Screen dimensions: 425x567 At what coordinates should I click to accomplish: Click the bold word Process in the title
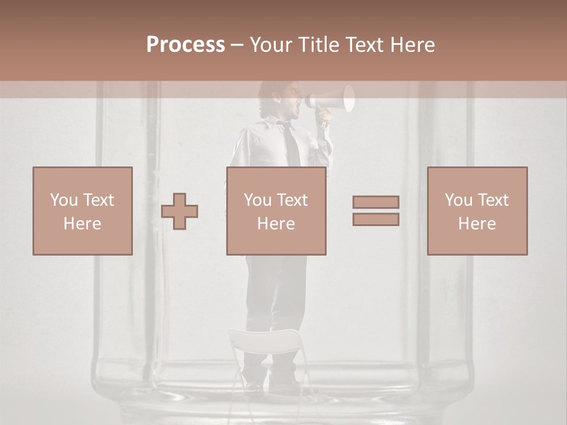pyautogui.click(x=185, y=44)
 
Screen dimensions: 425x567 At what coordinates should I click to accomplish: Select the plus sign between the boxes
pyautogui.click(x=180, y=211)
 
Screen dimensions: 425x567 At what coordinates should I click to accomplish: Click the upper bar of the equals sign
pyautogui.click(x=376, y=202)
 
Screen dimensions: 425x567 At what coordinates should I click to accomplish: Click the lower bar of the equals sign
pyautogui.click(x=376, y=220)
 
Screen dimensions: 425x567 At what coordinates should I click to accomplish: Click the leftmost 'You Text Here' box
pyautogui.click(x=83, y=211)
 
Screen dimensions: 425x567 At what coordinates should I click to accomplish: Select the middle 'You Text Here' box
pyautogui.click(x=276, y=211)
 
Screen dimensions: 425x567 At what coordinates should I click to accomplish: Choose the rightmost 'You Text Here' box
pyautogui.click(x=477, y=211)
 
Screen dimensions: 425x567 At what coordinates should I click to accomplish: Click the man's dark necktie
pyautogui.click(x=291, y=145)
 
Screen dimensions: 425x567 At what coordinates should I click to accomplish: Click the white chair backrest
pyautogui.click(x=265, y=341)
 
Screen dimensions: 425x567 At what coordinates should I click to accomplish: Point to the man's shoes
pyautogui.click(x=272, y=387)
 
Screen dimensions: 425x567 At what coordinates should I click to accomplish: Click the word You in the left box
pyautogui.click(x=64, y=200)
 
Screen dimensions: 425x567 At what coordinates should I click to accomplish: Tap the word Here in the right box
pyautogui.click(x=477, y=223)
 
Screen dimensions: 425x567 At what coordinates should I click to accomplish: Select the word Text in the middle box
pyautogui.click(x=292, y=200)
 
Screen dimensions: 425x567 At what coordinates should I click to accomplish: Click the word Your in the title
pyautogui.click(x=271, y=44)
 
